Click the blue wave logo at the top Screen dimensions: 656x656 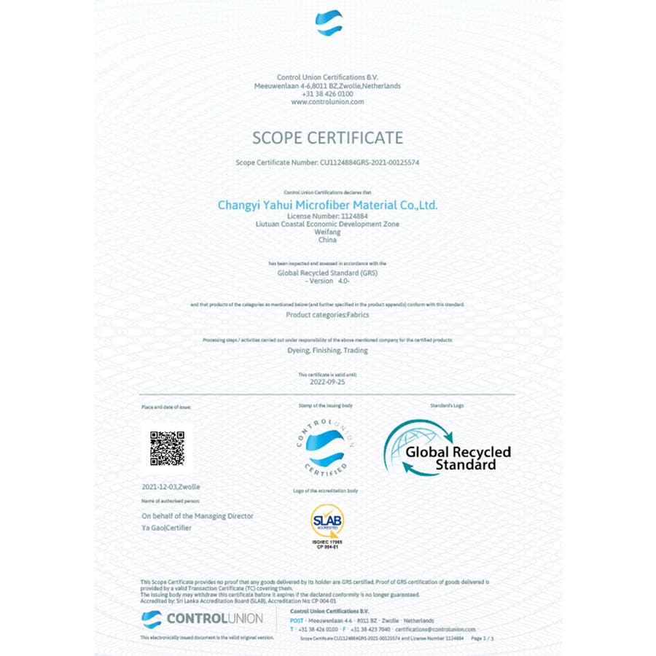(x=328, y=23)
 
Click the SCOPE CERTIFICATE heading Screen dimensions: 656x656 (x=327, y=138)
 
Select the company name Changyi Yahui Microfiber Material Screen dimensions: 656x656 (x=327, y=206)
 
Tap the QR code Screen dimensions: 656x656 (x=167, y=448)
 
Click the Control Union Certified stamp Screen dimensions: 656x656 (x=325, y=448)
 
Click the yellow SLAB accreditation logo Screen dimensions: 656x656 (x=327, y=522)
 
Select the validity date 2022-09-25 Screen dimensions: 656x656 (x=327, y=380)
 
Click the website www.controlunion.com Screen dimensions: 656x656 (x=327, y=102)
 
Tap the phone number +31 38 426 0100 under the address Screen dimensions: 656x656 (x=327, y=94)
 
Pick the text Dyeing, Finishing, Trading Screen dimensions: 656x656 (x=328, y=351)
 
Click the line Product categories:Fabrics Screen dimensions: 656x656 (x=327, y=315)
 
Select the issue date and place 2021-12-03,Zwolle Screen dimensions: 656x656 (x=171, y=486)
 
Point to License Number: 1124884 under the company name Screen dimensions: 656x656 (x=327, y=216)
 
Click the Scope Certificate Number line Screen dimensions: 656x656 (x=327, y=163)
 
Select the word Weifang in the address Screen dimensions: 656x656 (x=327, y=232)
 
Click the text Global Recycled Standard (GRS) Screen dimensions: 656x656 (x=327, y=273)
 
